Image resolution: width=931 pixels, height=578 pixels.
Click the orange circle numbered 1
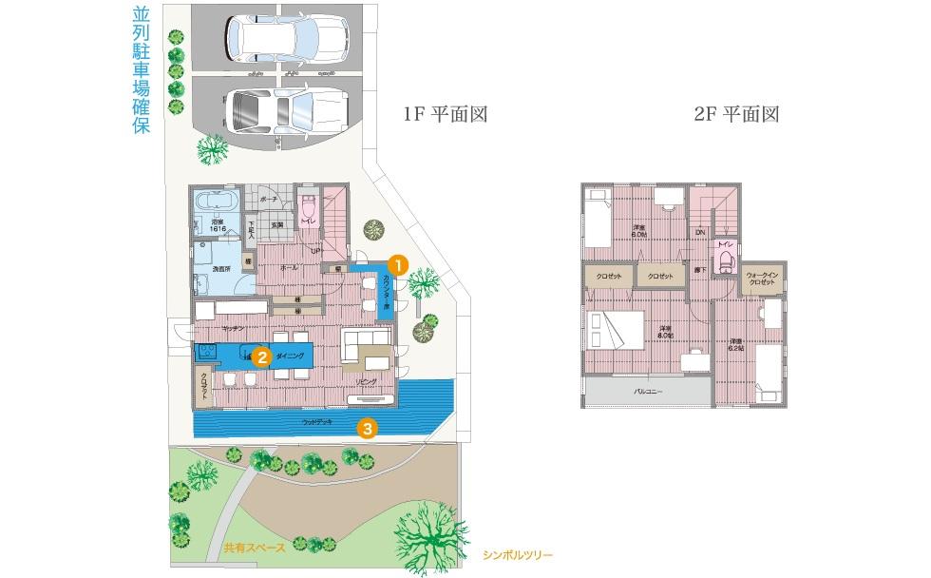point(399,262)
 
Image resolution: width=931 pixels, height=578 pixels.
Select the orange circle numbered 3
point(368,429)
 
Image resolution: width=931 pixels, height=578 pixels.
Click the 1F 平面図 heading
point(446,114)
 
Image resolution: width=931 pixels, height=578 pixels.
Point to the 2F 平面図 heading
point(736,114)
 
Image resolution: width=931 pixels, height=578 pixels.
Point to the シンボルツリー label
point(517,554)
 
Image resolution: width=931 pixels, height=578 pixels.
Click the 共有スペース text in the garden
point(248,548)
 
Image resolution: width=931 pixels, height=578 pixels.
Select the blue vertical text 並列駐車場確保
point(142,72)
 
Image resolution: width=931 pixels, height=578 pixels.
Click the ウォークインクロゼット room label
point(763,279)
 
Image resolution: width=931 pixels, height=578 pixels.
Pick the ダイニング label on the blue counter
point(290,355)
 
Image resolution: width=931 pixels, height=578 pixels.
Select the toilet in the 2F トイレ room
point(727,261)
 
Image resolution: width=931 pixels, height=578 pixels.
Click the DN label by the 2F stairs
point(699,232)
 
